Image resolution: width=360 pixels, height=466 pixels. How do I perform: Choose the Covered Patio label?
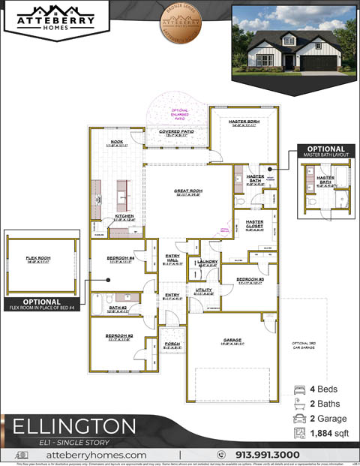click(176, 132)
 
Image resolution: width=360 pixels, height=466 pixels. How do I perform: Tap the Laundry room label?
click(208, 262)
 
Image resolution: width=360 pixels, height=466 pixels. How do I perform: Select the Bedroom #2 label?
click(118, 335)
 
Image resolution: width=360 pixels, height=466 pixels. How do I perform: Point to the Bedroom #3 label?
click(250, 279)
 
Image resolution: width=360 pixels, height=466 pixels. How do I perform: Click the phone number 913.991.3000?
click(268, 455)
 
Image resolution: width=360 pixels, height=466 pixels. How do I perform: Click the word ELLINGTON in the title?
click(74, 426)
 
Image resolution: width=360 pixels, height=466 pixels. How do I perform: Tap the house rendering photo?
click(294, 40)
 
